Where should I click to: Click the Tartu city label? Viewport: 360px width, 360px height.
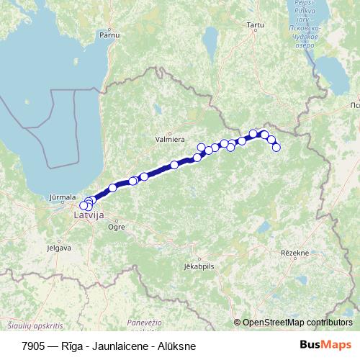pyautogui.click(x=255, y=25)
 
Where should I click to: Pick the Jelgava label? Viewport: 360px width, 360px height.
pyautogui.click(x=59, y=248)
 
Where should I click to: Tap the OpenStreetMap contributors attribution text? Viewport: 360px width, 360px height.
pyautogui.click(x=298, y=322)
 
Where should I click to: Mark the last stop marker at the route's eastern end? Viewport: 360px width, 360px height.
pyautogui.click(x=276, y=148)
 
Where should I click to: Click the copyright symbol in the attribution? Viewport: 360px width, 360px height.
pyautogui.click(x=238, y=322)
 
